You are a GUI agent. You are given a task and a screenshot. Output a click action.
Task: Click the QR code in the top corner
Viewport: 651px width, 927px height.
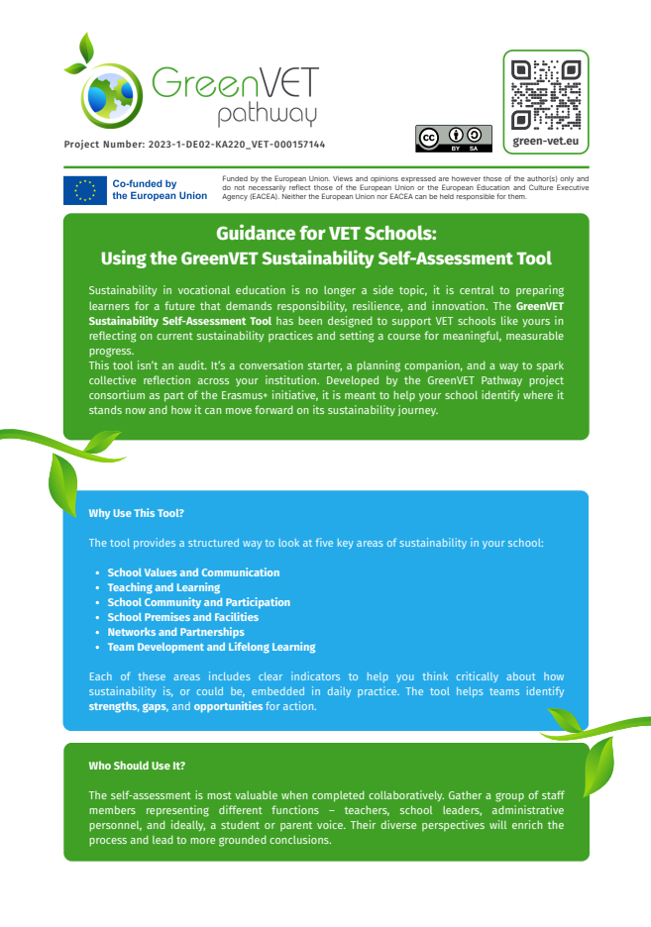click(545, 94)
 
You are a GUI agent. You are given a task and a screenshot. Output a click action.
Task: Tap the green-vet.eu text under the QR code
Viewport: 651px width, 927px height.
click(545, 142)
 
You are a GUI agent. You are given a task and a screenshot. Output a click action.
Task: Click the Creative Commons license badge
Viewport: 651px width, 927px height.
click(453, 139)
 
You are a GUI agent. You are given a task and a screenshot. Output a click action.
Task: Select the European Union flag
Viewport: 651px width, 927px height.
click(85, 190)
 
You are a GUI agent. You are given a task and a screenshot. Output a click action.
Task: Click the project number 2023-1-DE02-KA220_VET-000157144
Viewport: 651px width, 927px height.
click(194, 145)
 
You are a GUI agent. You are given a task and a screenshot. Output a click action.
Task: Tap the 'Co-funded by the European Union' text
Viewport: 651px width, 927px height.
click(160, 190)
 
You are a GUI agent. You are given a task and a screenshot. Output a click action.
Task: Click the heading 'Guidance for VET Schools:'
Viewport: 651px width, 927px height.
click(326, 235)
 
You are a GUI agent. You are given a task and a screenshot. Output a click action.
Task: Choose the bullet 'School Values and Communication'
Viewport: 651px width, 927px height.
click(193, 572)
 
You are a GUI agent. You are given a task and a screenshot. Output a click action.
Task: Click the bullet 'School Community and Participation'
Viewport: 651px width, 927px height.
click(198, 602)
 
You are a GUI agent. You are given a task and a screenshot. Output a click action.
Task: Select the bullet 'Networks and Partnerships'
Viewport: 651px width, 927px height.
click(175, 632)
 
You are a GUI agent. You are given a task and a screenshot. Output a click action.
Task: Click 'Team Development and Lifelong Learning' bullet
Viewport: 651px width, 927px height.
click(211, 647)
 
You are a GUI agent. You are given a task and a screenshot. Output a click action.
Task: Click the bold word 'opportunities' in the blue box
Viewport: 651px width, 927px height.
click(228, 706)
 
